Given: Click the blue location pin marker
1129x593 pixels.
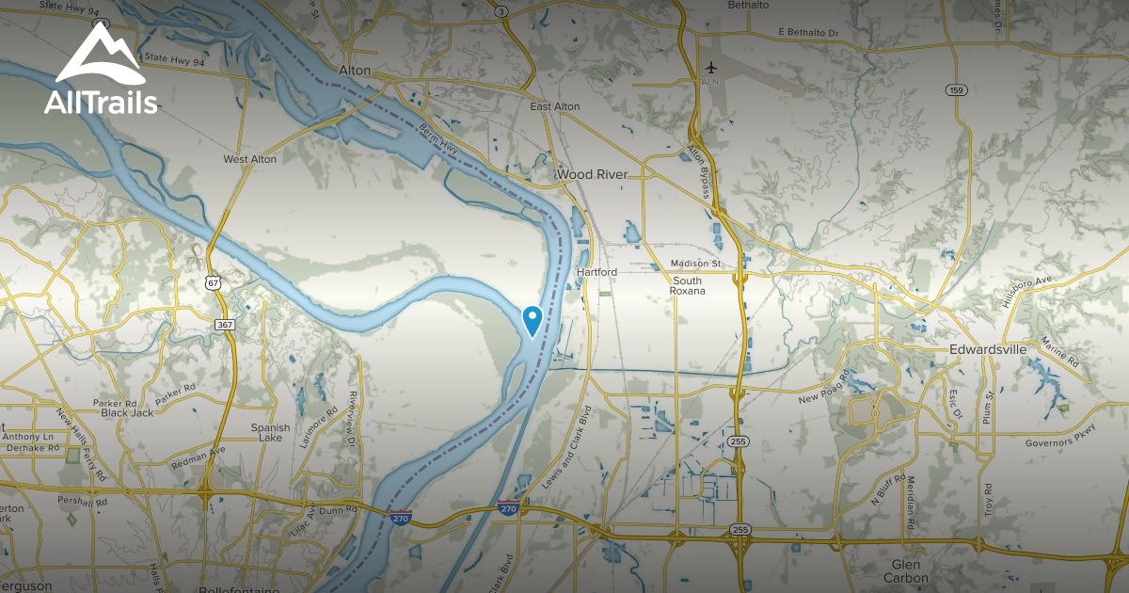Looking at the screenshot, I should point(532,320).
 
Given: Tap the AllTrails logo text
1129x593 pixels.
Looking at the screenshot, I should point(101,103).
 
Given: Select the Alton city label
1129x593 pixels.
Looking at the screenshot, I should point(354,71).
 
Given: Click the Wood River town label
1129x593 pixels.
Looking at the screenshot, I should point(594,175).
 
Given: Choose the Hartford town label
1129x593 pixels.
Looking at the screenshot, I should point(596,272).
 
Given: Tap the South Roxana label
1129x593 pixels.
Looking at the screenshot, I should point(687,287).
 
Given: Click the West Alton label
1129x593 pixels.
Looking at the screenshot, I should point(249,159).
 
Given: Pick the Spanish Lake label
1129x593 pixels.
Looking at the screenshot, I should point(270,433).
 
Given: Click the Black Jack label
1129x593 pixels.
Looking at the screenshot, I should point(127,413).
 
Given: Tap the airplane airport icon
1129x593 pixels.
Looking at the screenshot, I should point(710,68).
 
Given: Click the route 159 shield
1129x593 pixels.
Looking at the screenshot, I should point(957,90).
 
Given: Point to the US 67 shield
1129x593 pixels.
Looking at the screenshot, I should point(214,281).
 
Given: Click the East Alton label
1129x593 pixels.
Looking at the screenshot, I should point(554,106).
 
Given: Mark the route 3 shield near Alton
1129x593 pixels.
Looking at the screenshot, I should point(502,11).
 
